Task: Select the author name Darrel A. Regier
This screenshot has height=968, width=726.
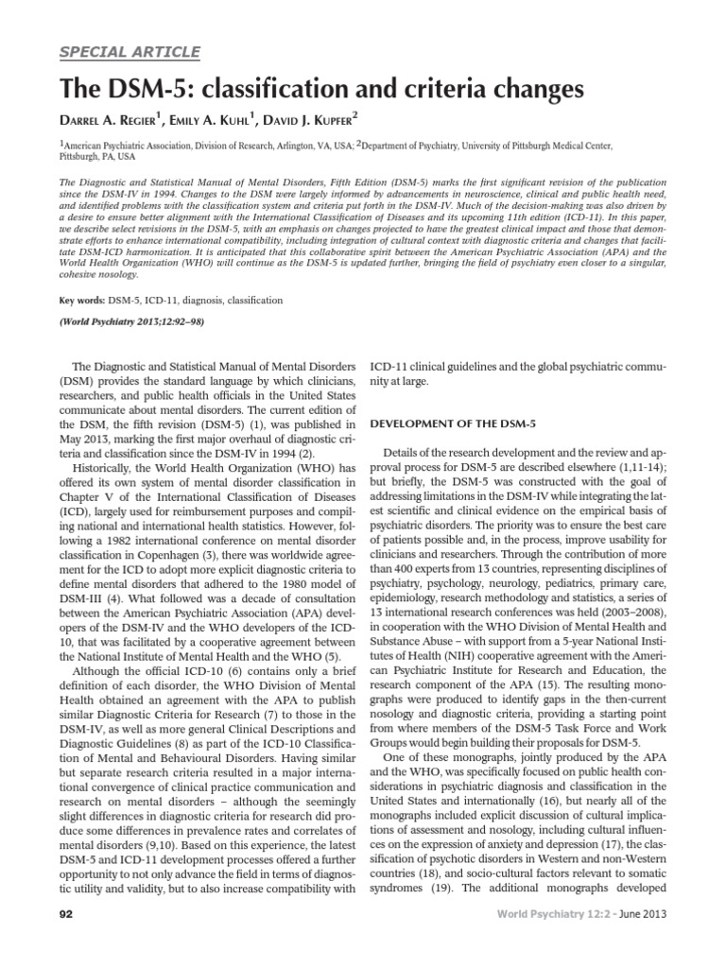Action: coord(116,121)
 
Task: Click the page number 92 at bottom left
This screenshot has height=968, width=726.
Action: coord(68,943)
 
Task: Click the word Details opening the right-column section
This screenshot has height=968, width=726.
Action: coord(412,456)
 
